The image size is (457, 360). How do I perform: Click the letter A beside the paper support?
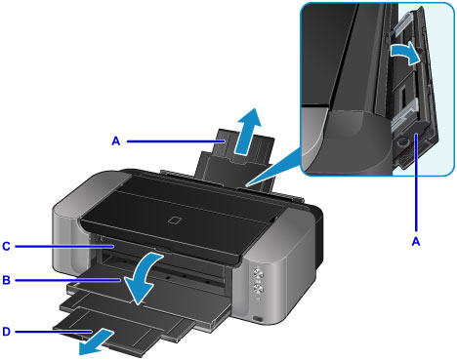[116, 141]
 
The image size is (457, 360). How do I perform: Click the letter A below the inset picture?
[416, 242]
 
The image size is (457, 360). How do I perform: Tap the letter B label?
[6, 280]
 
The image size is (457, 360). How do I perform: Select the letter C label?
[6, 246]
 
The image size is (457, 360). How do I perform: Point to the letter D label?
[6, 332]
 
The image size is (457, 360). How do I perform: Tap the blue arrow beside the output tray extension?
[96, 342]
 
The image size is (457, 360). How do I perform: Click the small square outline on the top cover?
[176, 220]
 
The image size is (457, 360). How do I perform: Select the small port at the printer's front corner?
[258, 319]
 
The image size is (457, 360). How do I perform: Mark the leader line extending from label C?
[63, 247]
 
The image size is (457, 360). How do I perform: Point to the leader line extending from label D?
[53, 332]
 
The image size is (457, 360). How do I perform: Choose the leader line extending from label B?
[67, 280]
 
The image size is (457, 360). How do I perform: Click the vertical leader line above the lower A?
[416, 183]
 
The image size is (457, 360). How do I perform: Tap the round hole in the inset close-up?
[402, 141]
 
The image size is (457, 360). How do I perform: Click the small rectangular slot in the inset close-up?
[403, 95]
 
